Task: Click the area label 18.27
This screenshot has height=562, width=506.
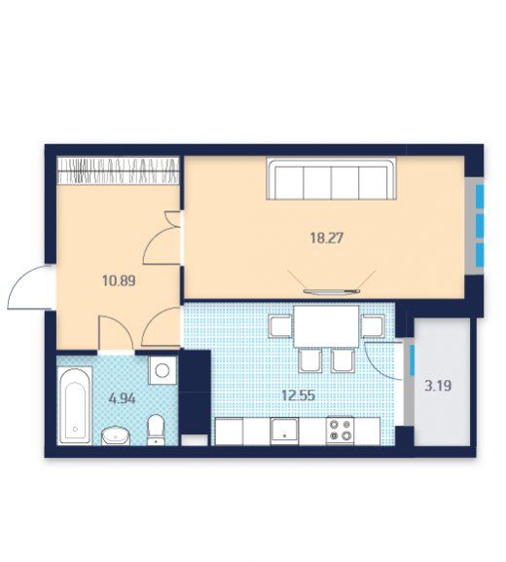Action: (327, 238)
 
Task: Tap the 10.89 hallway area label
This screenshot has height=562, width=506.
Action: (119, 281)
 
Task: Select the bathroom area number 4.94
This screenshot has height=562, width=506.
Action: (123, 398)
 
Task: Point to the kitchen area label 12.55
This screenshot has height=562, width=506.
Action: (298, 395)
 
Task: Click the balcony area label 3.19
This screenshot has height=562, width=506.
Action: (438, 386)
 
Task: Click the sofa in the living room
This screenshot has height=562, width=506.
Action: (331, 179)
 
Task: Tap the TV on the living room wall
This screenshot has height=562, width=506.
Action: (332, 291)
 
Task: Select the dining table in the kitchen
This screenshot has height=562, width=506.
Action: (326, 326)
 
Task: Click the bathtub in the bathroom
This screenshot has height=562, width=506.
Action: (75, 405)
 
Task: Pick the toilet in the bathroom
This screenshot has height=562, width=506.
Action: (156, 430)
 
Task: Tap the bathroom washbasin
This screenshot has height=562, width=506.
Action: (116, 435)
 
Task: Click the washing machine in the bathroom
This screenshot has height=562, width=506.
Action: (163, 370)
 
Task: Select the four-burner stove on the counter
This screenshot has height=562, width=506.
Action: (340, 431)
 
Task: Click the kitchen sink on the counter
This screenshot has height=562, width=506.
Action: (285, 431)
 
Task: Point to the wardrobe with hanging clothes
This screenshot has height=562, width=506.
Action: (118, 170)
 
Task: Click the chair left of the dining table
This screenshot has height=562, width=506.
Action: (281, 325)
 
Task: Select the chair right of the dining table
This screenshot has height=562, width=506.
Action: (373, 325)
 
